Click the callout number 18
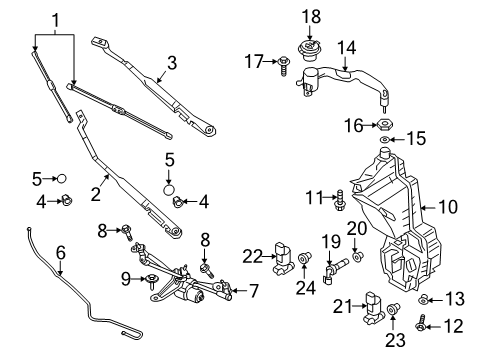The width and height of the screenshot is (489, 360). (x=312, y=16)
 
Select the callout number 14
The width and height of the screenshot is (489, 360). (x=346, y=47)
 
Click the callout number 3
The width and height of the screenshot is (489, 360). (x=171, y=63)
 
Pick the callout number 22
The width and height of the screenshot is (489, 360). (x=253, y=256)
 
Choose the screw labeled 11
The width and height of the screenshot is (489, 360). (x=341, y=199)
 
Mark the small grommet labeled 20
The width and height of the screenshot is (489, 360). (x=359, y=258)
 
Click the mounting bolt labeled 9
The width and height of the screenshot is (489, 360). (x=152, y=280)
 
